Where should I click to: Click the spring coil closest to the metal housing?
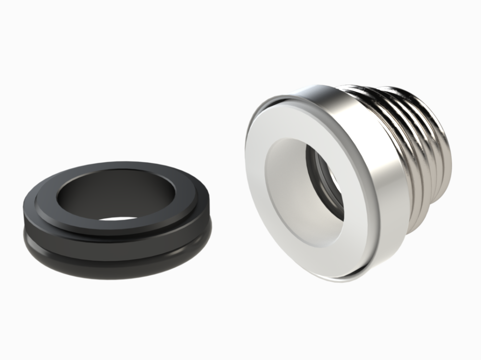point(399,144)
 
